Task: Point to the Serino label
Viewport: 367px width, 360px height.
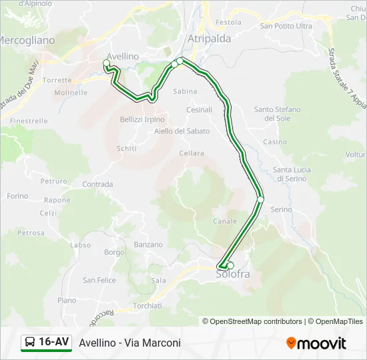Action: (281, 209)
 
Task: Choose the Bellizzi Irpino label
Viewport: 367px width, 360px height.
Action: (141, 119)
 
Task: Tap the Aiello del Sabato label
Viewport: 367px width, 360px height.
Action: (181, 131)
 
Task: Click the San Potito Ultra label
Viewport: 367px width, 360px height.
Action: (286, 26)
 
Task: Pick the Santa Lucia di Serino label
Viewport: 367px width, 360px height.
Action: (290, 174)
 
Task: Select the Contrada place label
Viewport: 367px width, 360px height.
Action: (97, 184)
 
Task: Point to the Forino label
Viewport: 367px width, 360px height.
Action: (17, 197)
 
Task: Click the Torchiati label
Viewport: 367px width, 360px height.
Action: (147, 306)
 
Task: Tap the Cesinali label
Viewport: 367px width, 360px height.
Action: (199, 109)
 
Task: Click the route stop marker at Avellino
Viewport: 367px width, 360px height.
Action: (106, 63)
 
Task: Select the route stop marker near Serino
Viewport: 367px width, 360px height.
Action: (260, 199)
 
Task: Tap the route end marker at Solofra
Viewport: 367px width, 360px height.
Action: (230, 265)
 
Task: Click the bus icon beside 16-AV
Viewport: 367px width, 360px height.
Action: (29, 343)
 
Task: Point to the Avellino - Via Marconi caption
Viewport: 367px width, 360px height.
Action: (129, 343)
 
